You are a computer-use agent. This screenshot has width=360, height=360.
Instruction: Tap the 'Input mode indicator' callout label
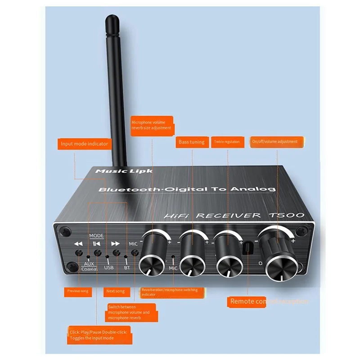coord(85,144)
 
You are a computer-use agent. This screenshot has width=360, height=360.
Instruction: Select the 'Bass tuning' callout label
coord(191,142)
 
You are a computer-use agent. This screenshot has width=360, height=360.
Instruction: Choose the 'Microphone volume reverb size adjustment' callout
coord(151,125)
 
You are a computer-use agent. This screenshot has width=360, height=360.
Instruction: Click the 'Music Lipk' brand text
coord(124,171)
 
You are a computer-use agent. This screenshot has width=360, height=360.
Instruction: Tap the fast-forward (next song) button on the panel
coord(116,253)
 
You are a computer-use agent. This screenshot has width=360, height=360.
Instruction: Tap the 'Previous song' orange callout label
coord(78,291)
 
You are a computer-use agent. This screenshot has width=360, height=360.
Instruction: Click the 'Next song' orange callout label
coord(116,291)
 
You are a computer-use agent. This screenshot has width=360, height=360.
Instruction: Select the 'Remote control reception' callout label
coord(268,301)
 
